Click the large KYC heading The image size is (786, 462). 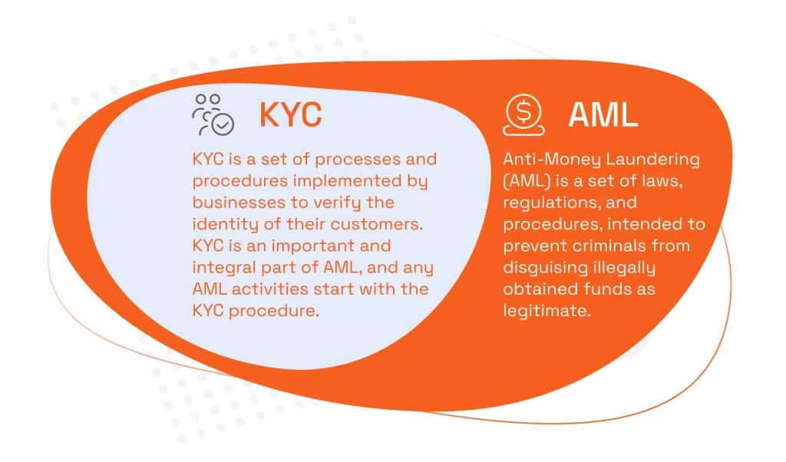pyautogui.click(x=290, y=115)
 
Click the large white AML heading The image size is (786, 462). pyautogui.click(x=603, y=115)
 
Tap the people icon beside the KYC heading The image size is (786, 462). pyautogui.click(x=213, y=114)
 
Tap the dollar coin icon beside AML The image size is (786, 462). pyautogui.click(x=523, y=114)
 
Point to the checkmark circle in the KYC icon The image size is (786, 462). pyautogui.click(x=223, y=124)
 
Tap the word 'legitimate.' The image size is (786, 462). pyautogui.click(x=547, y=311)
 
